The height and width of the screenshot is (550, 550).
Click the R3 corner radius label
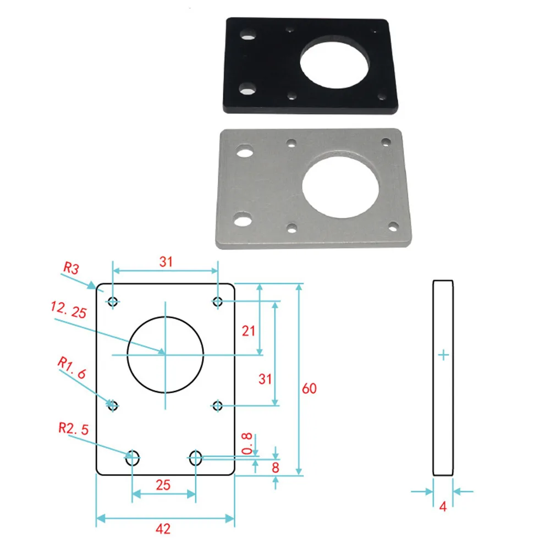point(71,268)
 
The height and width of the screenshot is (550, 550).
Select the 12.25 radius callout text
point(69,312)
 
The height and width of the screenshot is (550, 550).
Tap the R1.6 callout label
point(71,368)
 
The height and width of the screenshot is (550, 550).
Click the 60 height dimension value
point(310,388)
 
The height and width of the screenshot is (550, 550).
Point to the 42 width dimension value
point(163,529)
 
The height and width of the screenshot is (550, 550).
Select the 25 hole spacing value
point(163,485)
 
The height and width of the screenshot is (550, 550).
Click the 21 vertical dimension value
point(249,331)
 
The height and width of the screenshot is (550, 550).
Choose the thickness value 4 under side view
point(443,508)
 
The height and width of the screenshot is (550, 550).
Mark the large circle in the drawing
point(166,355)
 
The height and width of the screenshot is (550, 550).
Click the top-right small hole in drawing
point(218,301)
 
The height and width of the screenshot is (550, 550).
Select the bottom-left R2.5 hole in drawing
point(133,457)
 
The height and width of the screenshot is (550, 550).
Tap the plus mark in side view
point(444,356)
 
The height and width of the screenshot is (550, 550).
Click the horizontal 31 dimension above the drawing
point(166,262)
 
